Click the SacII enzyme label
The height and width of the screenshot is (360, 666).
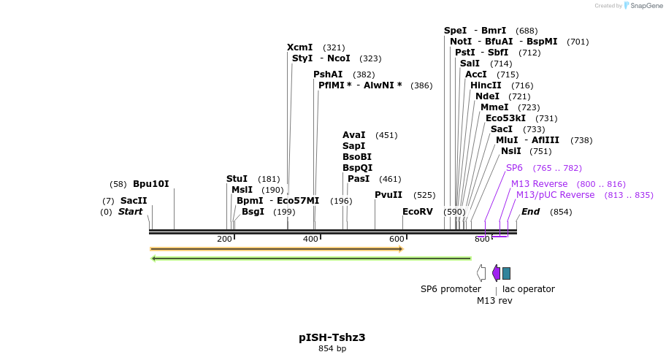tap(134, 201)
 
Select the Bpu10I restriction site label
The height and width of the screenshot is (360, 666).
tap(150, 184)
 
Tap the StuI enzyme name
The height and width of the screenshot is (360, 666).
tap(237, 179)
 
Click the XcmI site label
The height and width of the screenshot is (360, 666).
tap(299, 47)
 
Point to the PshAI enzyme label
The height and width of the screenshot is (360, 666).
tap(328, 74)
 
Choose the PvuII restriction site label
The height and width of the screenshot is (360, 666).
tap(388, 195)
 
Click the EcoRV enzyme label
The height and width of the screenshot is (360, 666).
tap(418, 212)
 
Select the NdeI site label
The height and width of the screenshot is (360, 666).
tap(487, 96)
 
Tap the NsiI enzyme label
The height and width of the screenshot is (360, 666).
tap(511, 151)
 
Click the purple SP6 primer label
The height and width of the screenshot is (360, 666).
tap(514, 168)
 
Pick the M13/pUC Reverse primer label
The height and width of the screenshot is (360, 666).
tap(555, 195)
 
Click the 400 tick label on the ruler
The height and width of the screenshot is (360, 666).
tap(310, 239)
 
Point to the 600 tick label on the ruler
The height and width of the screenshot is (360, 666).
tap(397, 239)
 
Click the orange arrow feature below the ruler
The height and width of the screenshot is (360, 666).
tap(277, 249)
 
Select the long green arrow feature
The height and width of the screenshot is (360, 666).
tap(310, 258)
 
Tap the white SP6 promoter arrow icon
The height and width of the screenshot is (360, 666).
tap(481, 273)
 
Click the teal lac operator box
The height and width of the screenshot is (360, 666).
tap(506, 273)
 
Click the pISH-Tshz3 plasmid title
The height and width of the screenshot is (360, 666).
tap(332, 337)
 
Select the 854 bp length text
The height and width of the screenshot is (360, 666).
tap(332, 349)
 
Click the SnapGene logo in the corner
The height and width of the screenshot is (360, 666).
tap(643, 6)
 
